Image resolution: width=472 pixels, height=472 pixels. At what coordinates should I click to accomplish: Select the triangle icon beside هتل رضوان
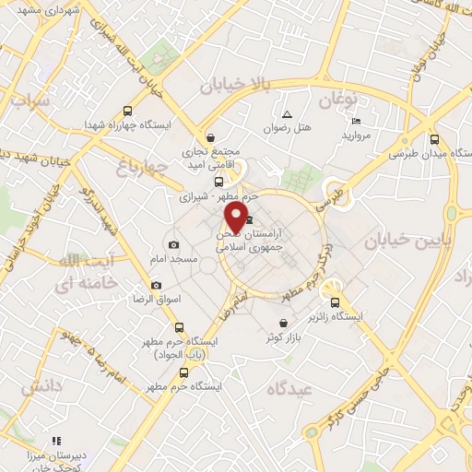[x=287, y=114]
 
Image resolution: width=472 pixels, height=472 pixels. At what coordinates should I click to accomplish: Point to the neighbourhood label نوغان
[x=338, y=97]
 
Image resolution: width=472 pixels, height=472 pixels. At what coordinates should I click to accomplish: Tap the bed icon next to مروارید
[x=357, y=122]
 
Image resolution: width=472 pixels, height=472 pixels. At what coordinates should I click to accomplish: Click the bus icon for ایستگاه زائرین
[x=335, y=301]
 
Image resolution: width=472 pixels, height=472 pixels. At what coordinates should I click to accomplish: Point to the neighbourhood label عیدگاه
[x=290, y=390]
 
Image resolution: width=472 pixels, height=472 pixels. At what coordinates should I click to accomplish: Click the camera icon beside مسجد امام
[x=174, y=244]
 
